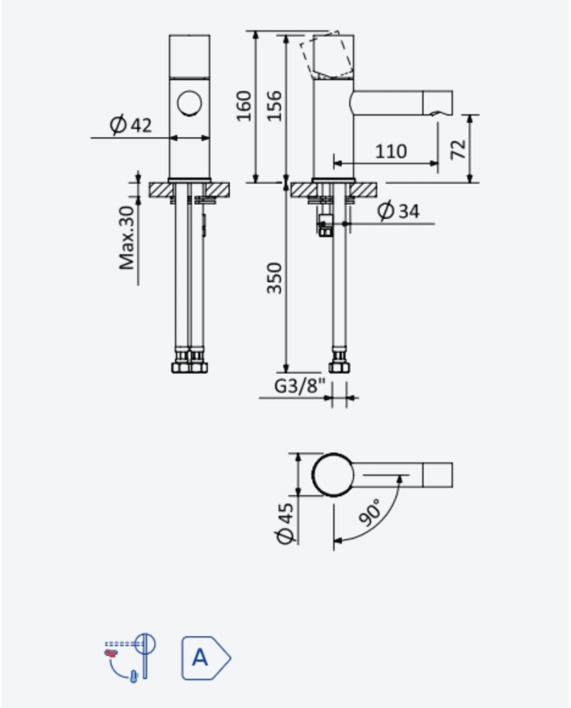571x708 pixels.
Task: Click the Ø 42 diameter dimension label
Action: [131, 124]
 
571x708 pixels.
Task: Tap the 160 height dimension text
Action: [244, 106]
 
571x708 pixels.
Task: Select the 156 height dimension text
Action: [274, 106]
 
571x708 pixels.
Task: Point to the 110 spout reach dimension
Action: [391, 152]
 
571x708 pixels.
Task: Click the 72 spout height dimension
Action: [458, 149]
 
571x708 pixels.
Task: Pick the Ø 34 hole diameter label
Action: [398, 211]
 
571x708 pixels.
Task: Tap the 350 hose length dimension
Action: [274, 278]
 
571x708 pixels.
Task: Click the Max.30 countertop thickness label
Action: [126, 238]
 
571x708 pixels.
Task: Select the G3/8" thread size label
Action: [299, 386]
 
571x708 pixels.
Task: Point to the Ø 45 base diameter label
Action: [285, 524]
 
